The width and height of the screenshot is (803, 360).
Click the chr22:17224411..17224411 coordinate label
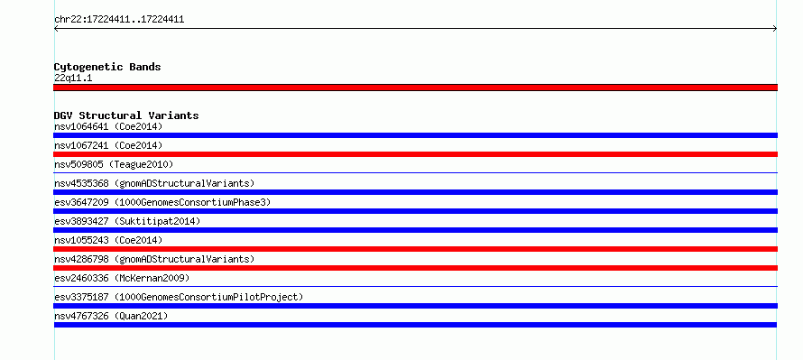coord(119,20)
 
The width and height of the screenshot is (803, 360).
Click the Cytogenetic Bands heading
coord(107,67)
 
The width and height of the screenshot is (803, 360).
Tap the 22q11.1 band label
coord(73,78)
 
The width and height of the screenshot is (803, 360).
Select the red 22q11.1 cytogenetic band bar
coord(415,88)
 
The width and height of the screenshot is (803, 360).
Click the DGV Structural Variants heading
coord(126,115)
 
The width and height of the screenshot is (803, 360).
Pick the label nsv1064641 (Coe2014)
coord(108,126)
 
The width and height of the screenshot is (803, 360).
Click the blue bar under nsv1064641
coord(415,135)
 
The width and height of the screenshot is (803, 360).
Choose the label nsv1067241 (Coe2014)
coord(108,145)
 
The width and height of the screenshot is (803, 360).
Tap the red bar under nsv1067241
coord(415,154)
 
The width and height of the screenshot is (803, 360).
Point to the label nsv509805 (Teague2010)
coord(114,164)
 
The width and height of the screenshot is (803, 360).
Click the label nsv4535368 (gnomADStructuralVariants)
coord(154,183)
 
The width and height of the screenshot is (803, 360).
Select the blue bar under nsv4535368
coord(415,192)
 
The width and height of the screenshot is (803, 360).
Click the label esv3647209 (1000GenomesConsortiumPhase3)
coord(162,202)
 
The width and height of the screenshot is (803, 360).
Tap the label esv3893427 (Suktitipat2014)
coord(127,221)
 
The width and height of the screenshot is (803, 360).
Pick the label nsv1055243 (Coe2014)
coord(108,240)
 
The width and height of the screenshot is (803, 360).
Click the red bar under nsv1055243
coord(415,249)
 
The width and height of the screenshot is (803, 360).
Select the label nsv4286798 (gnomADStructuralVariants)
coord(154,259)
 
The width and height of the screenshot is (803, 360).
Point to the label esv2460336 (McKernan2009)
coord(122,278)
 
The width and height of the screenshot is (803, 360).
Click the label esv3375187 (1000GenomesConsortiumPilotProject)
coord(179,297)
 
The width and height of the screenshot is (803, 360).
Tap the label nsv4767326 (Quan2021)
coord(111,316)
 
